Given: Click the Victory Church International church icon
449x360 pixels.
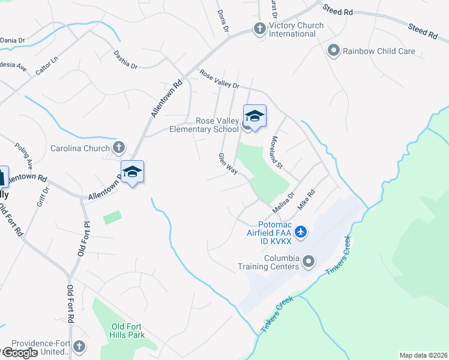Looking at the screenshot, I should point(259,28).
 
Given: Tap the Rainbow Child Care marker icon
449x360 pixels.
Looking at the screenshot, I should point(334,51).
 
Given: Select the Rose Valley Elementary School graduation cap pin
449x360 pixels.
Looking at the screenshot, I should point(255,116).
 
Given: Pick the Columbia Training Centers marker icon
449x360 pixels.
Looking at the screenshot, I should point(309,261).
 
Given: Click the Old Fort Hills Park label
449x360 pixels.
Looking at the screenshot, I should point(128,331).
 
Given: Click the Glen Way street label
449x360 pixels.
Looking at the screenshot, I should point(229,164).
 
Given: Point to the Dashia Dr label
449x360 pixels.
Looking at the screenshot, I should point(125,59).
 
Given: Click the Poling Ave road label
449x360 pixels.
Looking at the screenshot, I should point(24,155).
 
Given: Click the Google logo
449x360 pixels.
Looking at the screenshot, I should point(19,353).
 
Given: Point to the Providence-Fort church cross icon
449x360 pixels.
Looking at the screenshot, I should point(79,347).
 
